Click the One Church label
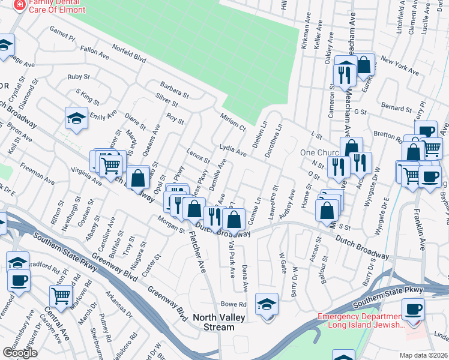tap(320, 152)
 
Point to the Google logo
tap(20, 353)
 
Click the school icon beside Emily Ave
tap(76, 118)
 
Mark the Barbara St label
tap(174, 90)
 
